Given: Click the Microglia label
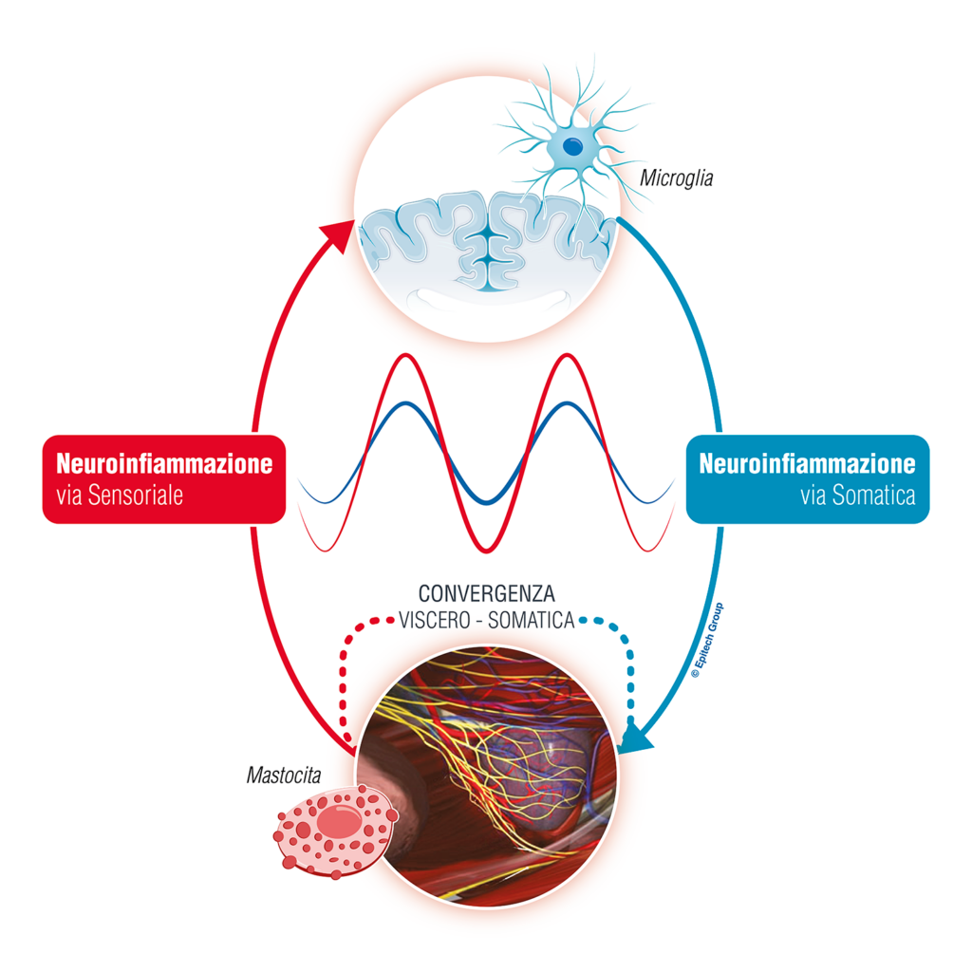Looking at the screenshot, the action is (x=676, y=178).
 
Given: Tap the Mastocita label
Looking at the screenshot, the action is (x=284, y=775).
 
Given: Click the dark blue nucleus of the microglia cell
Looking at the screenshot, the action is (x=572, y=147).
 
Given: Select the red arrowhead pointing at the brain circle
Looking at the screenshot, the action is (x=338, y=236).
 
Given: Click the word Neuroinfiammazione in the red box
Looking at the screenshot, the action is (x=164, y=463).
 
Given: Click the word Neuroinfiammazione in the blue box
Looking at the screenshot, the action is (x=807, y=463).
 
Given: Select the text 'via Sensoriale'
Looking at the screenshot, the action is (x=120, y=495).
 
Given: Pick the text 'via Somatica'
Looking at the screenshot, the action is (x=858, y=495).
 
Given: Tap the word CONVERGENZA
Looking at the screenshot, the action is (x=487, y=594).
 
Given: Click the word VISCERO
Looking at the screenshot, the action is (x=434, y=621).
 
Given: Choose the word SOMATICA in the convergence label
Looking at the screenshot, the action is (x=532, y=621).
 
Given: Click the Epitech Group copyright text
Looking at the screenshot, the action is (x=707, y=641).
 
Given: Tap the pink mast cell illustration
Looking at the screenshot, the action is (x=335, y=832).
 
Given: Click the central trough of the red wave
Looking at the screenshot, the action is (x=487, y=550).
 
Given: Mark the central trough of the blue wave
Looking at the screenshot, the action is (x=487, y=502).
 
